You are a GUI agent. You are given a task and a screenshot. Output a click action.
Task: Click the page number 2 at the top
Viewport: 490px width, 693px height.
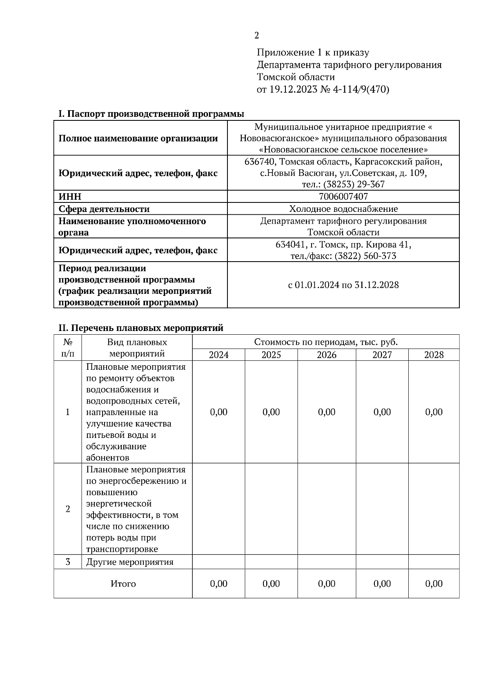coord(256,36)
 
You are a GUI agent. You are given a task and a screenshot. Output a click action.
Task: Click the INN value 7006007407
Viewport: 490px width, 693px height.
coord(343,197)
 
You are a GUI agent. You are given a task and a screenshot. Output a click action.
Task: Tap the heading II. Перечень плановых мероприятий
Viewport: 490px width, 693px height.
coord(141,328)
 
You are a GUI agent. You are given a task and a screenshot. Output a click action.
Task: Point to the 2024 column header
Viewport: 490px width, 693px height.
coord(218,355)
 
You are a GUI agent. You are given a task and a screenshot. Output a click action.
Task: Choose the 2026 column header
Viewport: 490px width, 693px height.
coord(326,355)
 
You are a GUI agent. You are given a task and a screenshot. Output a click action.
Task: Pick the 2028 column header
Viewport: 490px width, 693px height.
coord(434,355)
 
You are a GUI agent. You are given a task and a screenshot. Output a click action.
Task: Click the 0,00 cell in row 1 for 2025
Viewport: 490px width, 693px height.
coord(271,412)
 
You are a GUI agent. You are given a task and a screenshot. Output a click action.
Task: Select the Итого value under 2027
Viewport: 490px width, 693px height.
coord(382,584)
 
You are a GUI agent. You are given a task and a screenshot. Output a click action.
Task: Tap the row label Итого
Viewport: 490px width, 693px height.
coord(123,584)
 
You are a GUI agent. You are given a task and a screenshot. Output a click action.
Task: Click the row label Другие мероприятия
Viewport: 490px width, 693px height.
coord(130,562)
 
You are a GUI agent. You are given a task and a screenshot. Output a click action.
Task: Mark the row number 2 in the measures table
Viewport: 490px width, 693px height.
coord(68,509)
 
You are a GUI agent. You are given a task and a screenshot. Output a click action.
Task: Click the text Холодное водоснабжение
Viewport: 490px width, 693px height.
coord(343,209)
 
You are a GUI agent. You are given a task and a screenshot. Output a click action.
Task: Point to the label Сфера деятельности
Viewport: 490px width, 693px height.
coord(104,209)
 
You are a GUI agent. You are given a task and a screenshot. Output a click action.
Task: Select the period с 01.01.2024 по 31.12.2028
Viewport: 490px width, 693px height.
coord(343,285)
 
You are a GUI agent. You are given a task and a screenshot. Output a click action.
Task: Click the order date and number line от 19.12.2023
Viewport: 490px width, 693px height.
coord(323,89)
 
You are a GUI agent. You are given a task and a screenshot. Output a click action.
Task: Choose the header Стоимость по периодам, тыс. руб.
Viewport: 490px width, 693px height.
coord(325,342)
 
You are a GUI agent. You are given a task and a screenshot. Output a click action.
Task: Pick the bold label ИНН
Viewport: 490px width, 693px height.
coord(70,197)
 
